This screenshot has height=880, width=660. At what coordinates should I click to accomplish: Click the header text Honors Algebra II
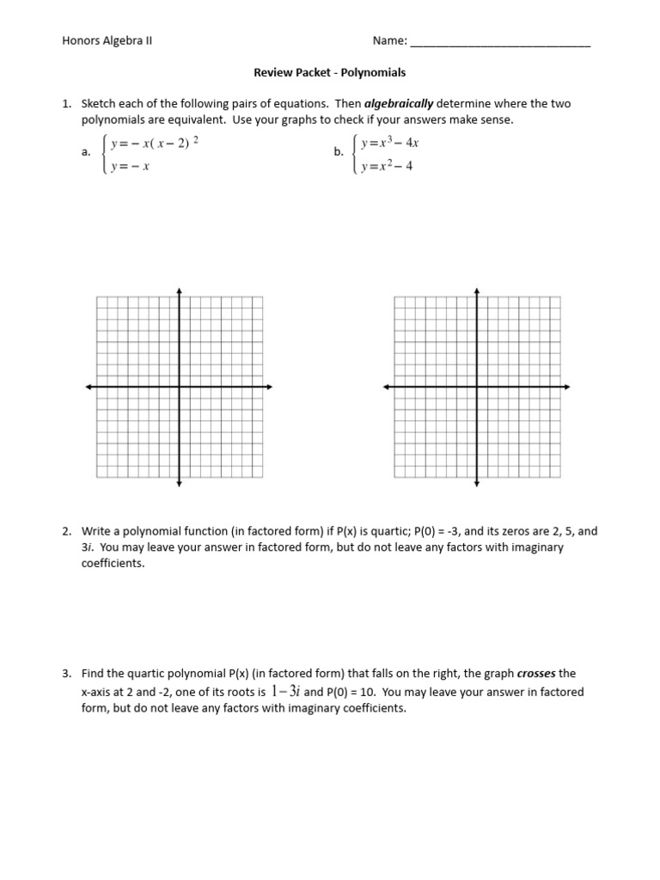[x=107, y=40]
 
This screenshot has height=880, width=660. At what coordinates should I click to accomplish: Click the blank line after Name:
[x=500, y=42]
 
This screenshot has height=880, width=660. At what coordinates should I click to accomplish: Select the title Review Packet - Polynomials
[x=329, y=72]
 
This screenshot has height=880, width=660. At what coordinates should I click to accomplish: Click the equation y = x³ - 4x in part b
[x=389, y=142]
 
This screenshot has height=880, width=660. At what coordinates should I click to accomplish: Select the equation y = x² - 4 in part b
[x=387, y=167]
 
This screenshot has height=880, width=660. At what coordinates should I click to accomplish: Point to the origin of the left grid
[x=179, y=388]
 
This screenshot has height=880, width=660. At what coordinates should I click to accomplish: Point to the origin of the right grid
[x=477, y=388]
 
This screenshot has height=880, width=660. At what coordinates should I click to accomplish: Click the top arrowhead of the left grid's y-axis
[x=179, y=290]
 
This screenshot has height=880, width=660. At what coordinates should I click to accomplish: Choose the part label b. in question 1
[x=338, y=152]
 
